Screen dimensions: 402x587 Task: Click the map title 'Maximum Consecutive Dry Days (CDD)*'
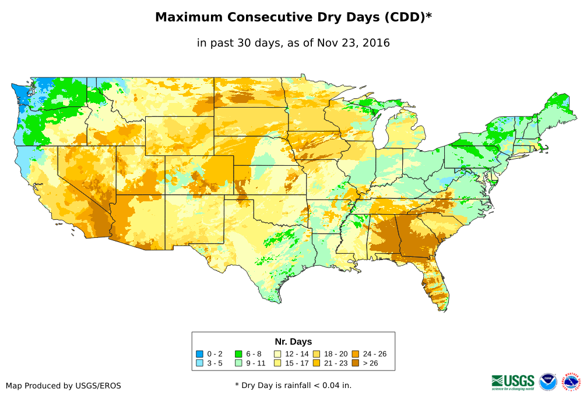pyautogui.click(x=293, y=17)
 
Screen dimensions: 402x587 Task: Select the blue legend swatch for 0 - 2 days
pyautogui.click(x=200, y=354)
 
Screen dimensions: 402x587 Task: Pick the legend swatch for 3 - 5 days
pyautogui.click(x=200, y=363)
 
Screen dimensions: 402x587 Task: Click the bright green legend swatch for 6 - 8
pyautogui.click(x=238, y=354)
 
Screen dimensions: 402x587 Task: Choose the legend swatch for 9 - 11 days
pyautogui.click(x=238, y=363)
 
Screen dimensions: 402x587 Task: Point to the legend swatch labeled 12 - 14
pyautogui.click(x=277, y=354)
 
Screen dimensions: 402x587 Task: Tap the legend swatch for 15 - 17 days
pyautogui.click(x=277, y=363)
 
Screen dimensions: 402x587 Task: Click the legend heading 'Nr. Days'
pyautogui.click(x=293, y=341)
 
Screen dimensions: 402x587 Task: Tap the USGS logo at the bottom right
pyautogui.click(x=513, y=382)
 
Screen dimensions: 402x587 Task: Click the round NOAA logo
pyautogui.click(x=548, y=382)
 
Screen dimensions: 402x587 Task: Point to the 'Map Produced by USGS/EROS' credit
pyautogui.click(x=64, y=386)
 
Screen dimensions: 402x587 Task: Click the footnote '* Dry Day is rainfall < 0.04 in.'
pyautogui.click(x=293, y=385)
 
